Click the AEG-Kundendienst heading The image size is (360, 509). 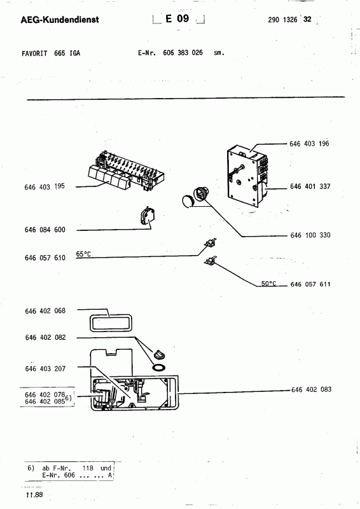tap(60, 20)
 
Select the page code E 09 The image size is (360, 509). tap(177, 18)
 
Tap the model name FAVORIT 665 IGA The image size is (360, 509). tap(51, 53)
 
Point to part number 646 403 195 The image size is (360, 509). tap(45, 186)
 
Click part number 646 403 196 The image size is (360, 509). tap(309, 144)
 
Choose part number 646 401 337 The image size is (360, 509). tap(310, 186)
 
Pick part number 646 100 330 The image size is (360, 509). tap(310, 235)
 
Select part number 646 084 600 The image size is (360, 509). tap(45, 230)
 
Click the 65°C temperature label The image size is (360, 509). tap(83, 254)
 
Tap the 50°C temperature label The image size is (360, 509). tap(269, 283)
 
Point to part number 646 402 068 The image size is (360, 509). tap(45, 311)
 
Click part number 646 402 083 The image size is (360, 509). tap(311, 389)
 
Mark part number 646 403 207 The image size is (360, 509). tap(45, 369)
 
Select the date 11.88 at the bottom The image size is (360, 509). tap(34, 495)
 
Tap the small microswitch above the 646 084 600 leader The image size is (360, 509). tap(148, 216)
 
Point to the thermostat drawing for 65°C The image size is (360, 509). tap(211, 242)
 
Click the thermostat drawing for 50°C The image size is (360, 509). tap(211, 260)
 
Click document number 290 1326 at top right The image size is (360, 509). tap(282, 20)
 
